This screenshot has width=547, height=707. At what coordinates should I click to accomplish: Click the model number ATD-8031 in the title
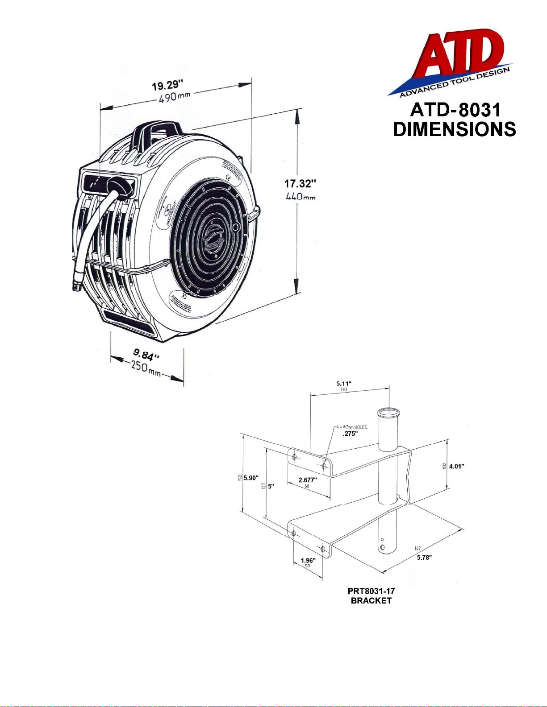coord(455,110)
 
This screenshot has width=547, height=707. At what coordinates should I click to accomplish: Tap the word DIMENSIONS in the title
coord(455,129)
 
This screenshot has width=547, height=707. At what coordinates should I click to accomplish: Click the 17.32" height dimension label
coord(301,183)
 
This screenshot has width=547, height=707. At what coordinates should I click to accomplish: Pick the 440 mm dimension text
coord(301,196)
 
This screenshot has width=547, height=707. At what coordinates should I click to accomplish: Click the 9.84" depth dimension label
coord(146,355)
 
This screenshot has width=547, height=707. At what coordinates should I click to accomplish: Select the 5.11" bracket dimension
coord(344,383)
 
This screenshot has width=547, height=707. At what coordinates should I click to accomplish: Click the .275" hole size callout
coord(350,434)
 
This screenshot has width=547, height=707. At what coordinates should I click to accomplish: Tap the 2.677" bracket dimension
coord(308,480)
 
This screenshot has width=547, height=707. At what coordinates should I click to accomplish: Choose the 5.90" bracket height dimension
coord(251,478)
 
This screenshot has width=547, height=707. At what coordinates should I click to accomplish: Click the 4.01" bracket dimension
coord(456,466)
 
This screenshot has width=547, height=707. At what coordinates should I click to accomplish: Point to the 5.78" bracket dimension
coord(424,557)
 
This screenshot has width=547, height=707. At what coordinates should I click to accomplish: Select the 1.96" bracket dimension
coord(308,560)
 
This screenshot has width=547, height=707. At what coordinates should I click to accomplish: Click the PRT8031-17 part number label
coord(371,591)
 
